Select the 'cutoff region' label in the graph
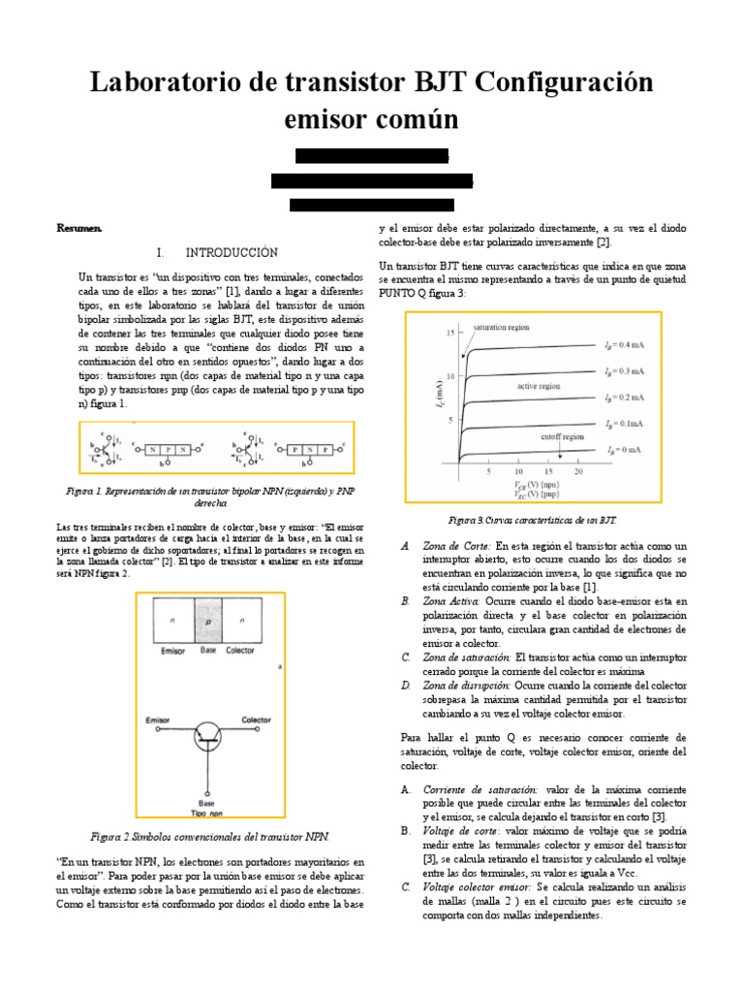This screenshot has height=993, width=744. tap(563, 437)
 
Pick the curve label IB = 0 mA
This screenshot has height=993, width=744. tap(627, 451)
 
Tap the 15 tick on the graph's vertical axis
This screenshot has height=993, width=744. tap(449, 333)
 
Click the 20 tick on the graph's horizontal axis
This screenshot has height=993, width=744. tap(577, 471)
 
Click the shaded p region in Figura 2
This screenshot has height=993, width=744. tap(208, 622)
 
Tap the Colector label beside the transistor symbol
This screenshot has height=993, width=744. tap(256, 721)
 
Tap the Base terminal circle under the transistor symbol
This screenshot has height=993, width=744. tap(206, 790)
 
